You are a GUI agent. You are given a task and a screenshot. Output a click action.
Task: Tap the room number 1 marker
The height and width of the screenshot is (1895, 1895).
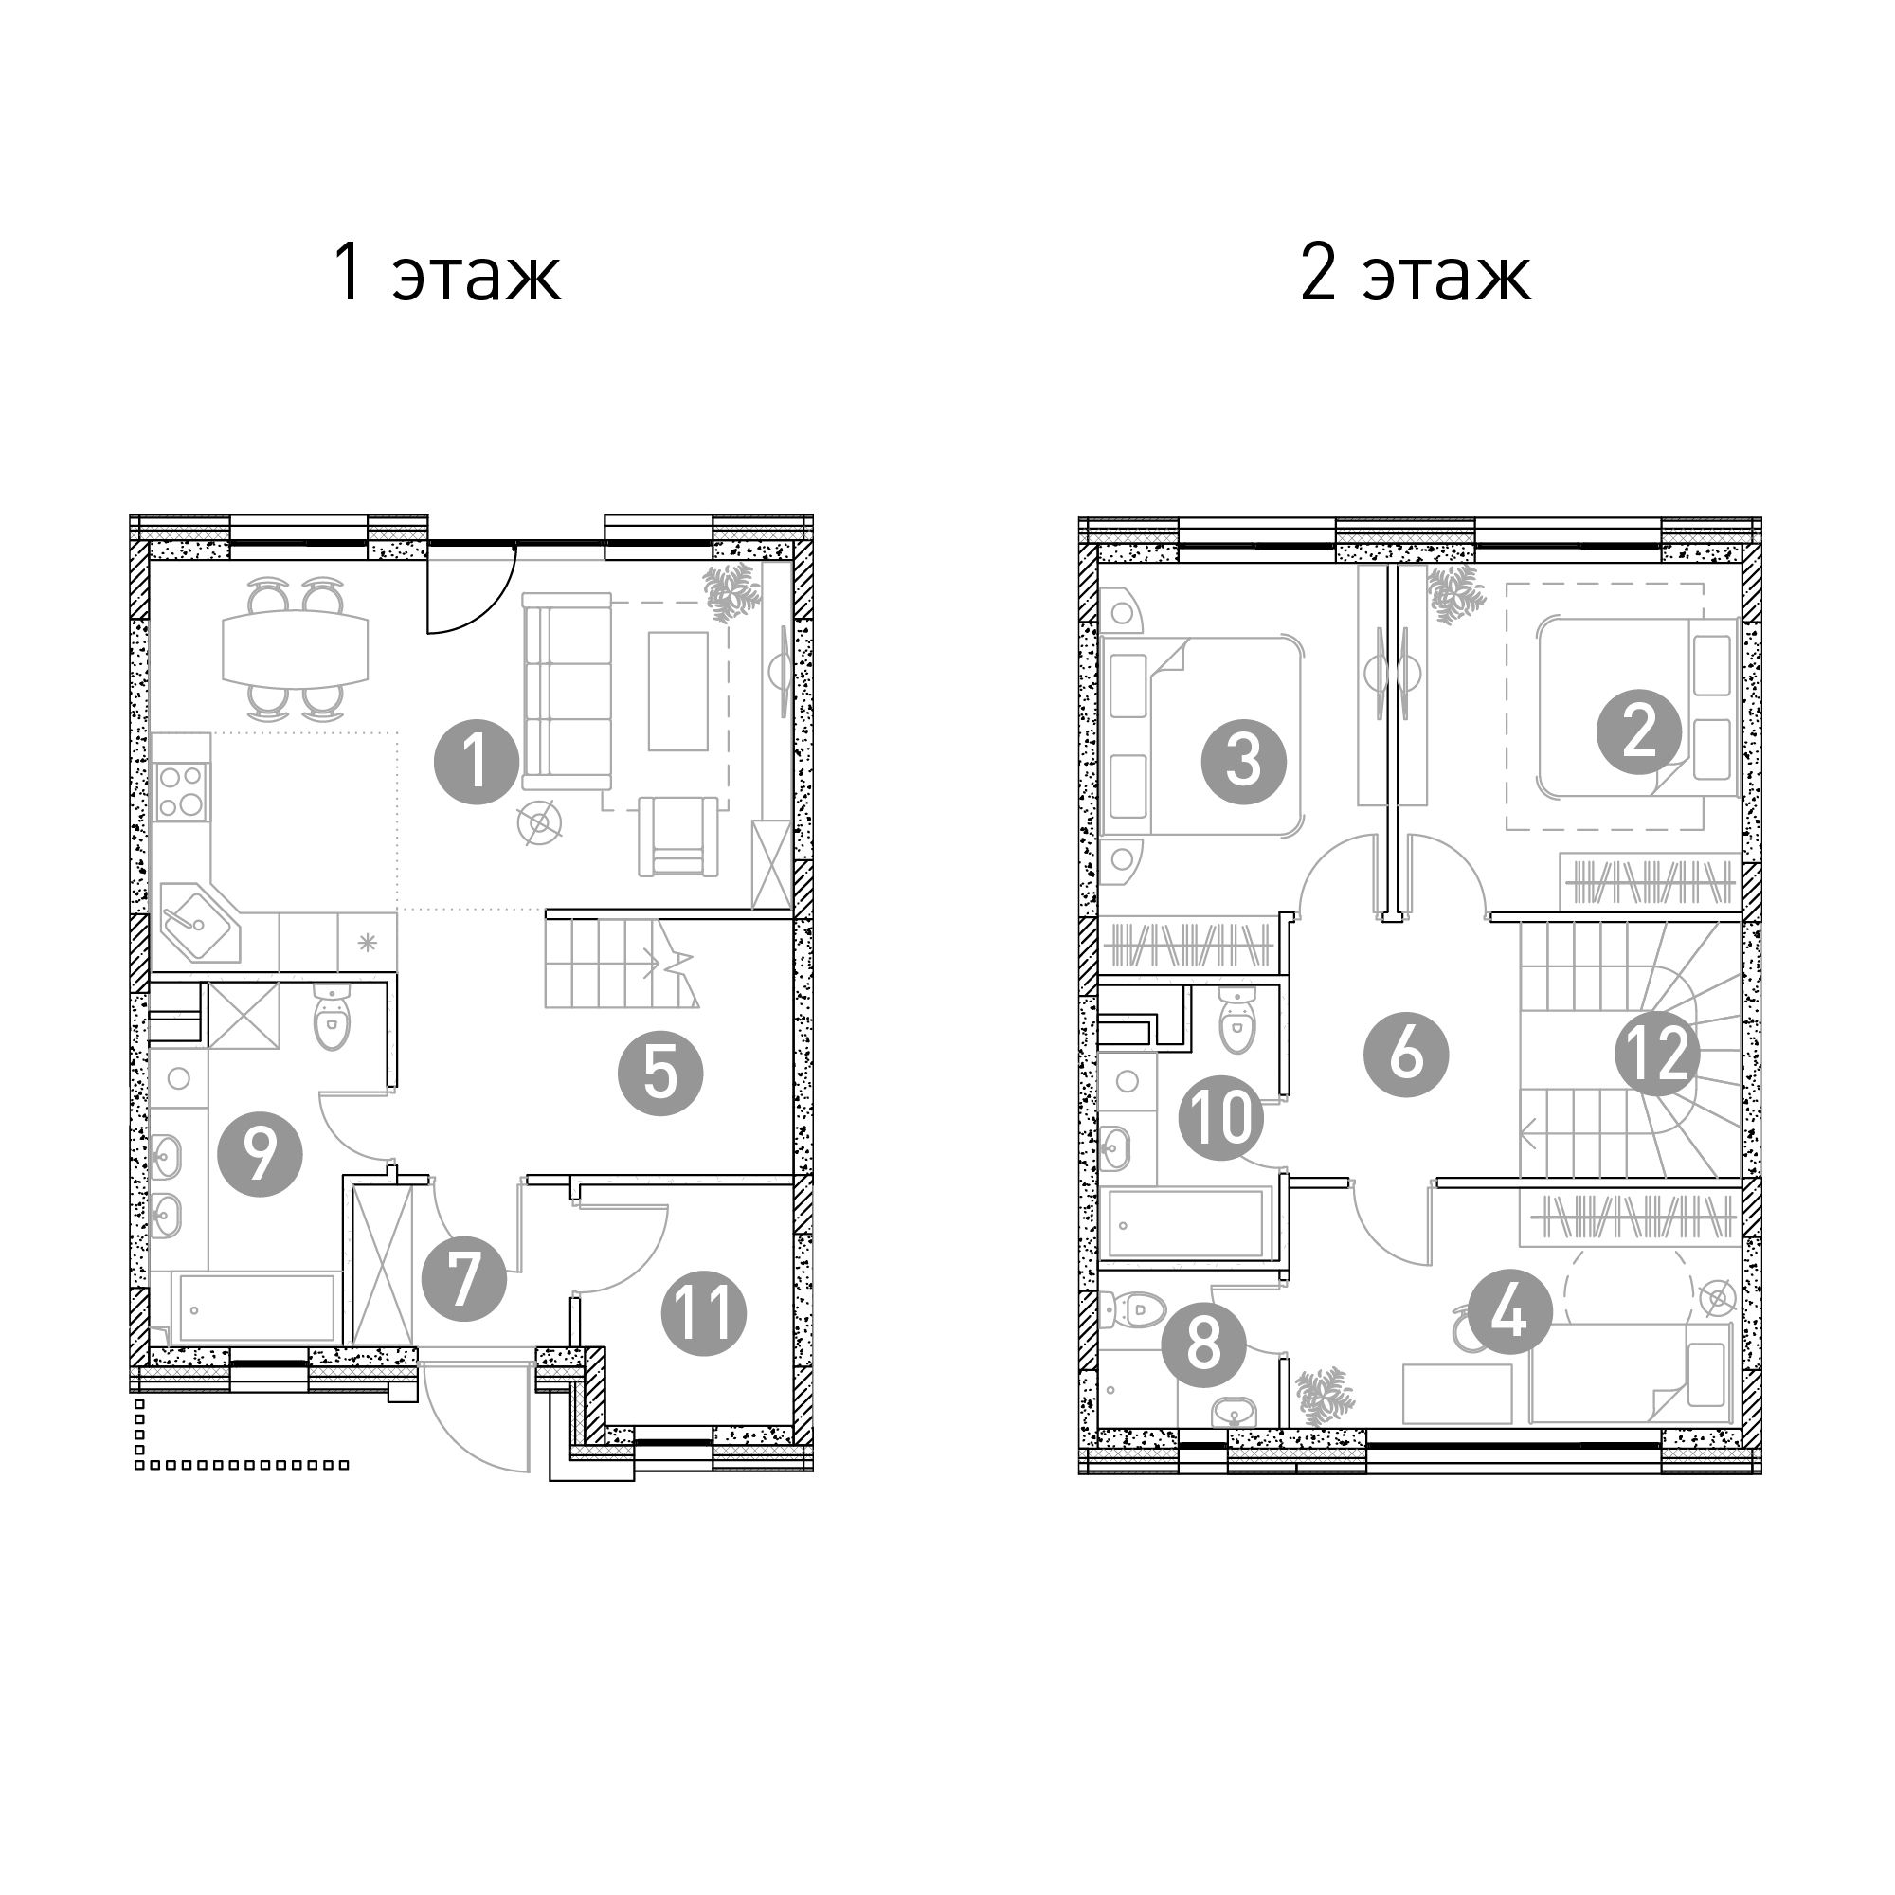(x=477, y=762)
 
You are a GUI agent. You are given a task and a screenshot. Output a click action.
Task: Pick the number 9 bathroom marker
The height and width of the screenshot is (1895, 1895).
(x=260, y=1153)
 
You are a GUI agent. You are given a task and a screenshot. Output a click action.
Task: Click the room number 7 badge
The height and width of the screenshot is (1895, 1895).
(x=463, y=1278)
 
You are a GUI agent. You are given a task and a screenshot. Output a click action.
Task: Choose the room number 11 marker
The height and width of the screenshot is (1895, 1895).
(x=703, y=1313)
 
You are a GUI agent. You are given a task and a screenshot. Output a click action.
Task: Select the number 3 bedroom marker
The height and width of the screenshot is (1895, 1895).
(x=1244, y=761)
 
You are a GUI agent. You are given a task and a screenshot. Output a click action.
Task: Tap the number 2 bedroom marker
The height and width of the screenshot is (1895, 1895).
(x=1639, y=732)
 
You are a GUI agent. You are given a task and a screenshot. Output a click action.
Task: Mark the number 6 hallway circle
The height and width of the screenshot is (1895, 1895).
(x=1405, y=1055)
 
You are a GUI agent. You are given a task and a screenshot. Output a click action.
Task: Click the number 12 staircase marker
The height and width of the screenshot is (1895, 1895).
(x=1657, y=1055)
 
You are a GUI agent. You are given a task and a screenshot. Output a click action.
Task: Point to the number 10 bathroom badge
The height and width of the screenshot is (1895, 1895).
(x=1220, y=1118)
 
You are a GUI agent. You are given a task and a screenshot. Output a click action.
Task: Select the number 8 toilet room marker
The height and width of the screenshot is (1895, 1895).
(x=1203, y=1344)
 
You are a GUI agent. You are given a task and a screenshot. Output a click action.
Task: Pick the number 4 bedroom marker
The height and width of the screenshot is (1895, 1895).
(x=1509, y=1312)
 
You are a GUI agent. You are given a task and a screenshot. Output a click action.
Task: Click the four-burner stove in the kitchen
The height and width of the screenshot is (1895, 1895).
(x=180, y=791)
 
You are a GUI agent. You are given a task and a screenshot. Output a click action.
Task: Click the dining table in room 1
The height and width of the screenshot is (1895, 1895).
(x=296, y=648)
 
